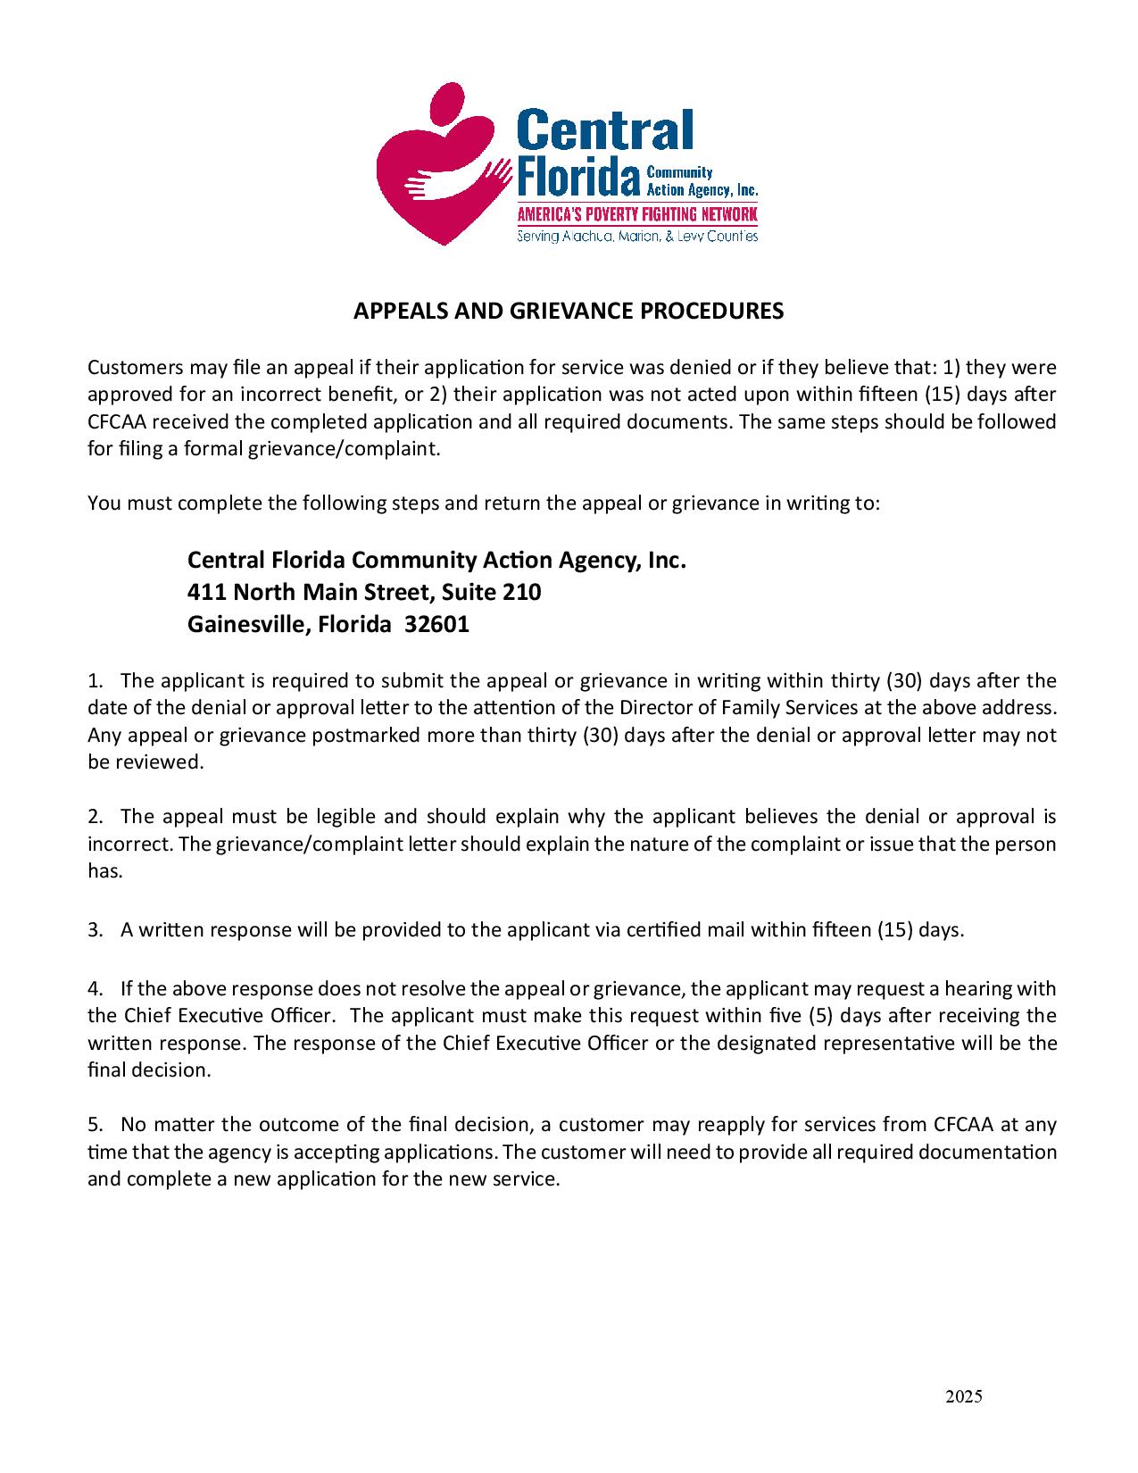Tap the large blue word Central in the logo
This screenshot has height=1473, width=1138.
pyautogui.click(x=604, y=130)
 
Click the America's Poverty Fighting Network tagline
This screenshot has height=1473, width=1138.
pyautogui.click(x=637, y=215)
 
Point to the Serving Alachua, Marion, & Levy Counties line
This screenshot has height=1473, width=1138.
pyautogui.click(x=637, y=237)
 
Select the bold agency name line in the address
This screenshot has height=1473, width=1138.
pyautogui.click(x=436, y=560)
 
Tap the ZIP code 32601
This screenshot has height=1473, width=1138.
pyautogui.click(x=436, y=624)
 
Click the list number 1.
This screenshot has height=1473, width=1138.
pyautogui.click(x=95, y=681)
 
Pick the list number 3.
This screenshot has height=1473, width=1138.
pyautogui.click(x=95, y=930)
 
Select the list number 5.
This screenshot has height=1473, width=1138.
pyautogui.click(x=95, y=1124)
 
